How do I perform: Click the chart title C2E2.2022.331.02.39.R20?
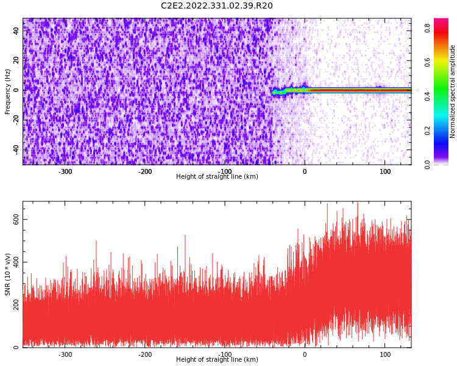pyautogui.click(x=217, y=5)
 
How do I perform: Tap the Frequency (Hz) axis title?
pyautogui.click(x=7, y=91)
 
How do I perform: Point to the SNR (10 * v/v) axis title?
pyautogui.click(x=7, y=274)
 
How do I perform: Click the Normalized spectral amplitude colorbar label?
pyautogui.click(x=452, y=91)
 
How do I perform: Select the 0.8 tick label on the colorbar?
pyautogui.click(x=427, y=28)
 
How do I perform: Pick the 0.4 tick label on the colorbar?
pyautogui.click(x=427, y=96)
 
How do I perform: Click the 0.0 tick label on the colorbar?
pyautogui.click(x=427, y=164)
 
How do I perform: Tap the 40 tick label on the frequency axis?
pyautogui.click(x=16, y=30)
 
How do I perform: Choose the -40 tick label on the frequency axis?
pyautogui.click(x=16, y=149)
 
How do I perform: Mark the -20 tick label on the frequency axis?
pyautogui.click(x=16, y=120)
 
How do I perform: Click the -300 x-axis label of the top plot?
pyautogui.click(x=65, y=171)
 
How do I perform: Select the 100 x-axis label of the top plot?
pyautogui.click(x=385, y=171)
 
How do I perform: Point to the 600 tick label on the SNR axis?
pyautogui.click(x=16, y=219)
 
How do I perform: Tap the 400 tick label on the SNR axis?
pyautogui.click(x=16, y=262)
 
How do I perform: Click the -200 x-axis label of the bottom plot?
pyautogui.click(x=145, y=354)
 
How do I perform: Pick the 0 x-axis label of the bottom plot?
pyautogui.click(x=305, y=354)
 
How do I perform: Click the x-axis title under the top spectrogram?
pyautogui.click(x=217, y=176)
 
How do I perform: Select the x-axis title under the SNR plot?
pyautogui.click(x=217, y=359)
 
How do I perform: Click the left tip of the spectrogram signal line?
pyautogui.click(x=272, y=93)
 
